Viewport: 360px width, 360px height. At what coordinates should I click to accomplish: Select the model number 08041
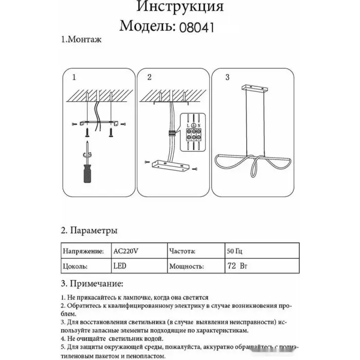[x=195, y=25]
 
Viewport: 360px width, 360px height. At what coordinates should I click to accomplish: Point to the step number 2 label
[x=150, y=78]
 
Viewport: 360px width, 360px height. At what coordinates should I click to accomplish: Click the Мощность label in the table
[x=187, y=267]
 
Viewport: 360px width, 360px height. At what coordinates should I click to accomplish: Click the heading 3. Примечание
[x=92, y=283]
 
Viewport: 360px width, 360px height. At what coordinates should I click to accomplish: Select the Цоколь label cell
[x=75, y=267]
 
